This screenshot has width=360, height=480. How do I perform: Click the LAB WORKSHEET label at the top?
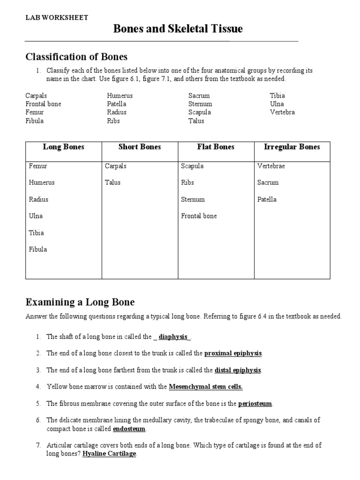click(x=56, y=17)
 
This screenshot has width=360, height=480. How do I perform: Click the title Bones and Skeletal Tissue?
click(x=178, y=29)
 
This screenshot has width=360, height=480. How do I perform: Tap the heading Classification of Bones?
click(x=76, y=57)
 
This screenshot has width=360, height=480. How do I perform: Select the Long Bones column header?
click(x=63, y=147)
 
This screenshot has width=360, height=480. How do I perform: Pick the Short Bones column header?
click(x=140, y=147)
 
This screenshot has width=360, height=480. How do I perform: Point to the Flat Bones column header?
click(x=216, y=147)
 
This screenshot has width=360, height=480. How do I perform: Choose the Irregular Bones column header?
click(x=292, y=147)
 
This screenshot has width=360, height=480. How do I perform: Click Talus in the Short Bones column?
click(x=112, y=183)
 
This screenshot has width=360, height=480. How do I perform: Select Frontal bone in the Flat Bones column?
click(x=199, y=216)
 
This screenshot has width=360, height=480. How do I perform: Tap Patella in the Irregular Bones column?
click(x=267, y=200)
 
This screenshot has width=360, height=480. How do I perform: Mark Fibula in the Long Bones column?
click(x=38, y=249)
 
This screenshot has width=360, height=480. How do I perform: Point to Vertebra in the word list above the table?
click(x=282, y=112)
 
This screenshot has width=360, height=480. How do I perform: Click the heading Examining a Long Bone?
click(x=80, y=302)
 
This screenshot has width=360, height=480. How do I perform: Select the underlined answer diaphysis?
click(x=173, y=337)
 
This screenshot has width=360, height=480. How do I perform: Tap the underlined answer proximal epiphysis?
click(x=233, y=353)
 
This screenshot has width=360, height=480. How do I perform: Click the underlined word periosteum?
click(x=255, y=404)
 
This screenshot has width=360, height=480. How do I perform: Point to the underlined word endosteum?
click(x=129, y=429)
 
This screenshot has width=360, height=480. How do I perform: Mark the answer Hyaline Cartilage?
click(x=109, y=454)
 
